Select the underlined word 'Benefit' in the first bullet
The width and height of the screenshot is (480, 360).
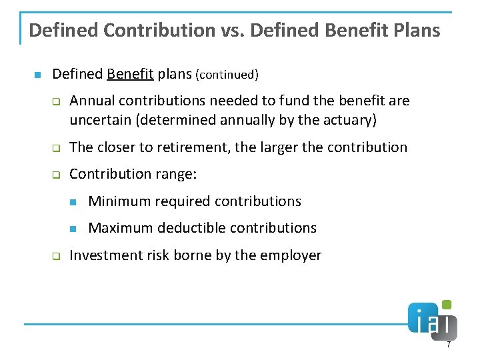pos(130,74)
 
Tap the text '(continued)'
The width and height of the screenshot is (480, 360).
pos(227,75)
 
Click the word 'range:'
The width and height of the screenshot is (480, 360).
pos(177,174)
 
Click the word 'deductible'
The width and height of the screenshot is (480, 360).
pos(189,228)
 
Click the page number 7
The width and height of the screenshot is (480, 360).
pos(449,345)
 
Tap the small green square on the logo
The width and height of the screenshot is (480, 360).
pos(447,305)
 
